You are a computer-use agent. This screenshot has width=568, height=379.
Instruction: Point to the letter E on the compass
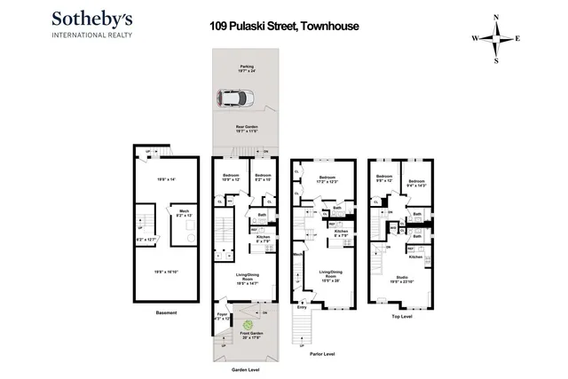[517, 39]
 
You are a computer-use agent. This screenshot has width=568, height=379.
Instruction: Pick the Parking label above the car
[246, 67]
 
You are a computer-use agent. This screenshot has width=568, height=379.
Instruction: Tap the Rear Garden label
[245, 127]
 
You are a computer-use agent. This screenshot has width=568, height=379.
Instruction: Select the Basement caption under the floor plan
[167, 313]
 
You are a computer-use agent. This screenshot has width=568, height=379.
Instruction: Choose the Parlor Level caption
[322, 352]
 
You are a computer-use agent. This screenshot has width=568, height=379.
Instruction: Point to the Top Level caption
[403, 313]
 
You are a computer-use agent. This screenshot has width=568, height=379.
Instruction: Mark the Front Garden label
[245, 335]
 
